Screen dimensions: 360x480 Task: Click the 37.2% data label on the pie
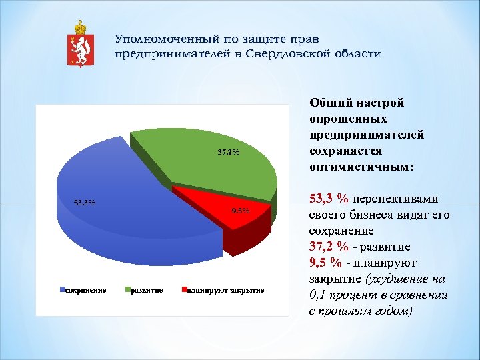click(x=229, y=153)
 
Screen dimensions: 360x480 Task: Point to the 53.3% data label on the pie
click(x=84, y=203)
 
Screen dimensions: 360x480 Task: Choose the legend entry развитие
click(x=147, y=290)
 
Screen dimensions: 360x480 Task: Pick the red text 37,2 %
click(x=329, y=247)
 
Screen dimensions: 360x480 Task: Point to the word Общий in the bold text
click(x=326, y=103)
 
